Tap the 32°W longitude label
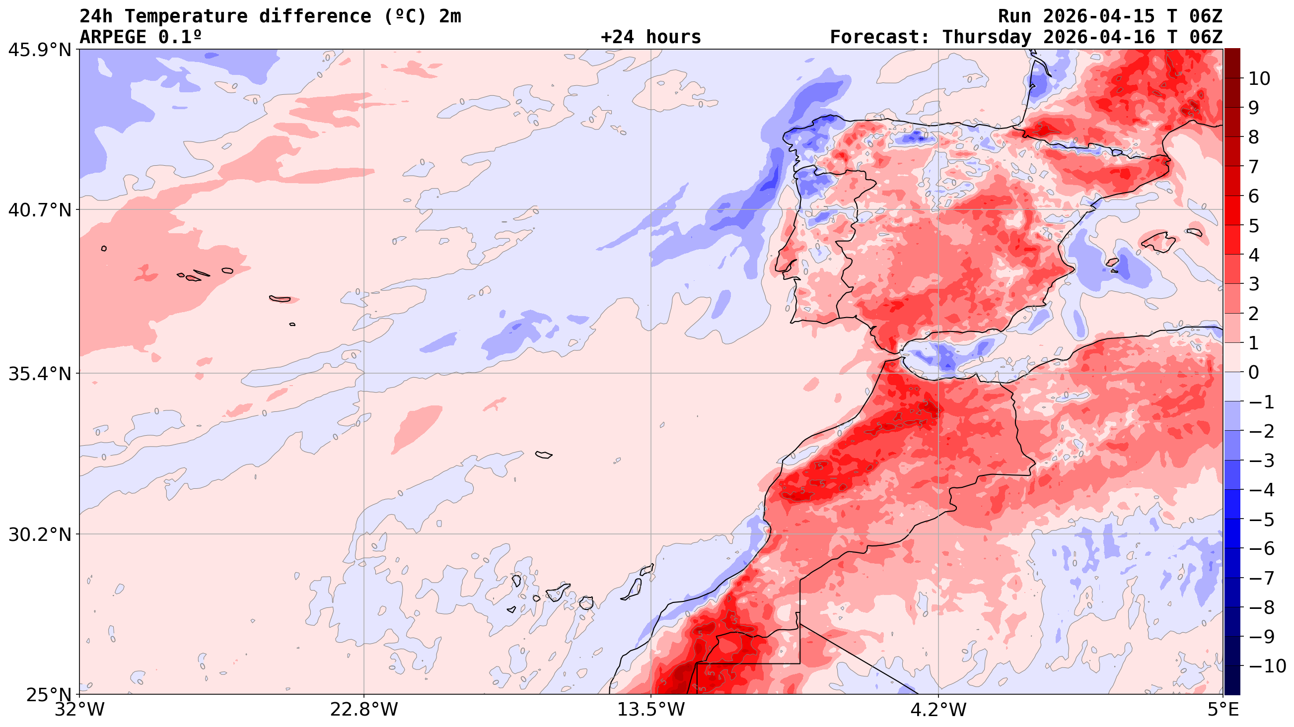click(x=79, y=710)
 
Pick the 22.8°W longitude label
click(x=363, y=710)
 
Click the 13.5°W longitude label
click(x=651, y=710)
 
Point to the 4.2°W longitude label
click(x=938, y=710)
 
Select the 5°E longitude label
click(x=1222, y=710)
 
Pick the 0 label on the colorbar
click(x=1254, y=373)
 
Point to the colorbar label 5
click(x=1254, y=226)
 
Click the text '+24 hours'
click(x=650, y=37)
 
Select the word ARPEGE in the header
click(x=113, y=37)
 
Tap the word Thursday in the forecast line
click(x=987, y=37)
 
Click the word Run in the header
click(x=1014, y=16)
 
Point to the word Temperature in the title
click(x=186, y=16)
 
